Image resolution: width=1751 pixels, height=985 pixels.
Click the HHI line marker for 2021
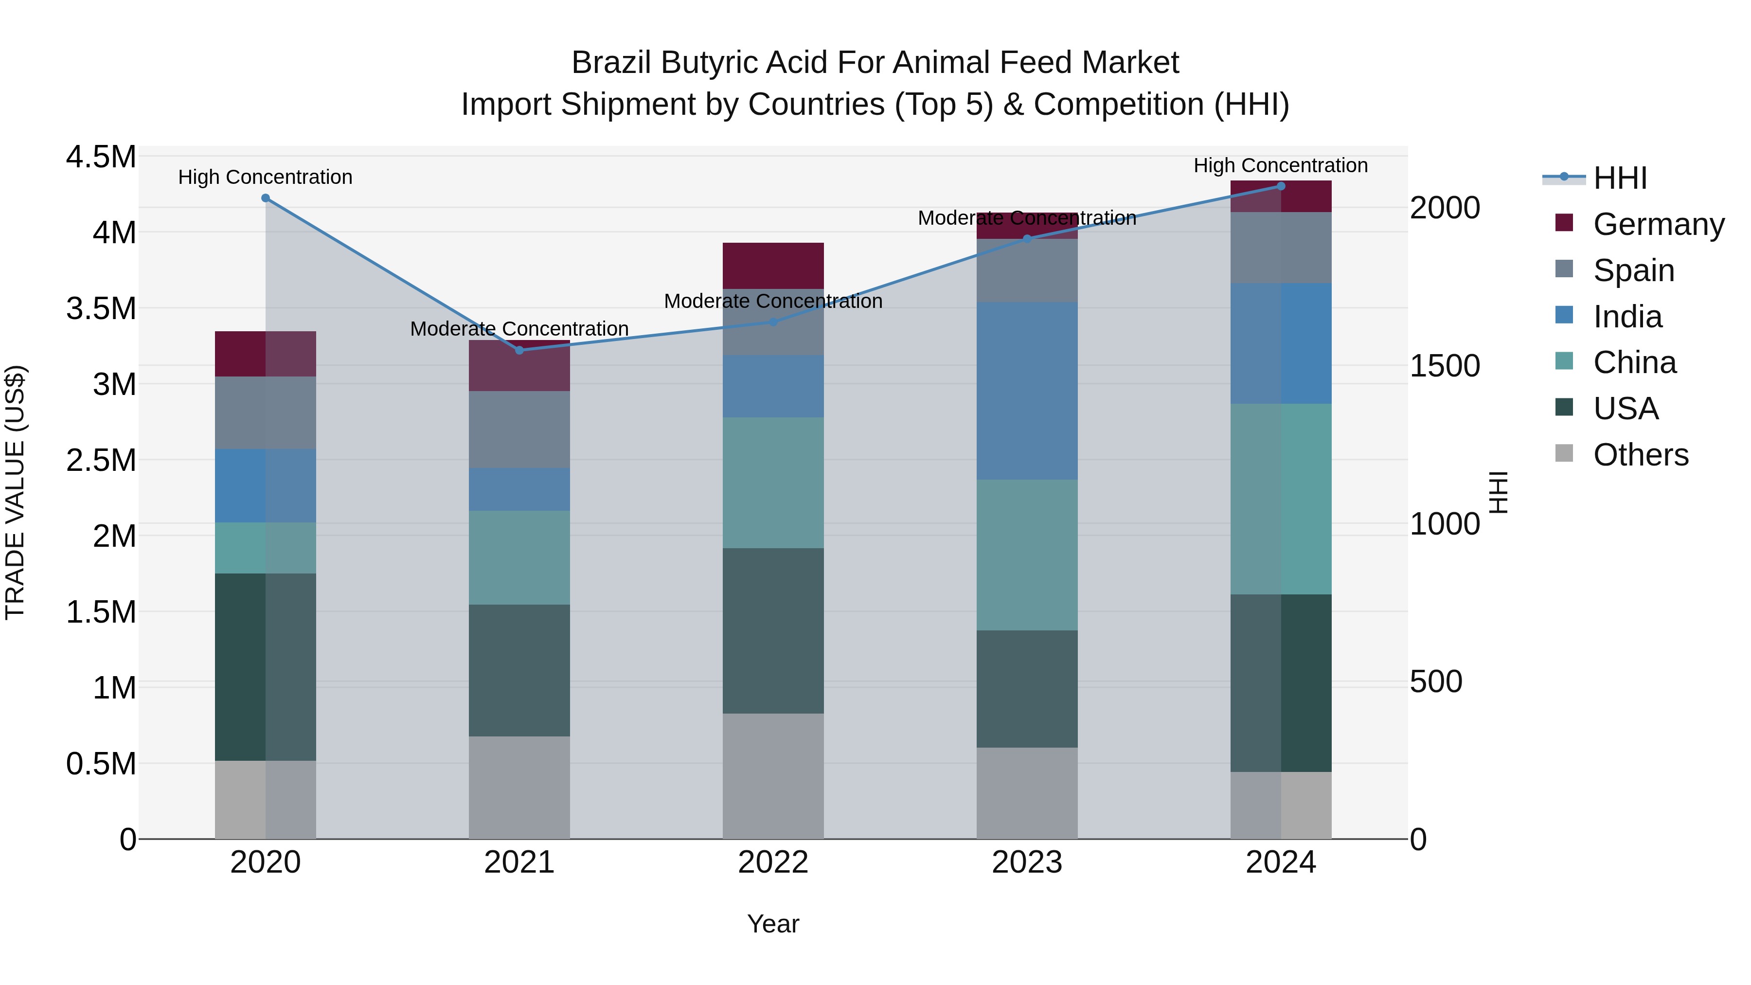coord(519,350)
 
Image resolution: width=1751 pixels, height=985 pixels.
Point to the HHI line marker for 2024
coord(1281,186)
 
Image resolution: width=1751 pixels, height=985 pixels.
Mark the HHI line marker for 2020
coord(266,198)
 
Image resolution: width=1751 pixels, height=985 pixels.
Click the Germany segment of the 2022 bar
coord(773,266)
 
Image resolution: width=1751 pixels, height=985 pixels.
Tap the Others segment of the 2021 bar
coord(519,787)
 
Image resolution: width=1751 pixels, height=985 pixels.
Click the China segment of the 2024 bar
coord(1281,499)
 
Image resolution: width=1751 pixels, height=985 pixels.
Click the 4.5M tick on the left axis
coord(101,157)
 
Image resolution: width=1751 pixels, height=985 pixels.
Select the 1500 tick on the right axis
coord(1445,366)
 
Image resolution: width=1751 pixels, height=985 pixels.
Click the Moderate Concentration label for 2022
coord(773,301)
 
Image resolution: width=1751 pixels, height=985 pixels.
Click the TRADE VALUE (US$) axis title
coord(15,492)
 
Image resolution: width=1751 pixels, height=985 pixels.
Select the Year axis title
coord(773,924)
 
